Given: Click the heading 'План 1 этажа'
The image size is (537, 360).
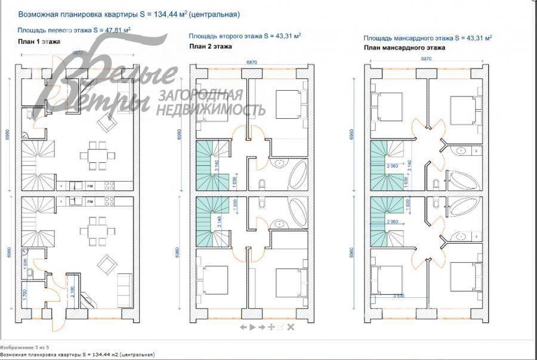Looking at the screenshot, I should [x=39, y=41].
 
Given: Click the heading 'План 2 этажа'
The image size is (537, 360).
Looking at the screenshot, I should [x=210, y=46].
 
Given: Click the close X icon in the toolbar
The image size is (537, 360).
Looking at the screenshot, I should [x=291, y=327].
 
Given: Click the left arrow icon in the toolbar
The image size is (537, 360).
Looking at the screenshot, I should [x=243, y=327].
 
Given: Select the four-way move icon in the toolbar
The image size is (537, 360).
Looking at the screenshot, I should [x=271, y=327].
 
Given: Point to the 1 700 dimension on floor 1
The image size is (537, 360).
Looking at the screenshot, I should [x=24, y=294].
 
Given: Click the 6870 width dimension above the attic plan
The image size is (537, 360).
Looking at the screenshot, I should [x=426, y=59].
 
